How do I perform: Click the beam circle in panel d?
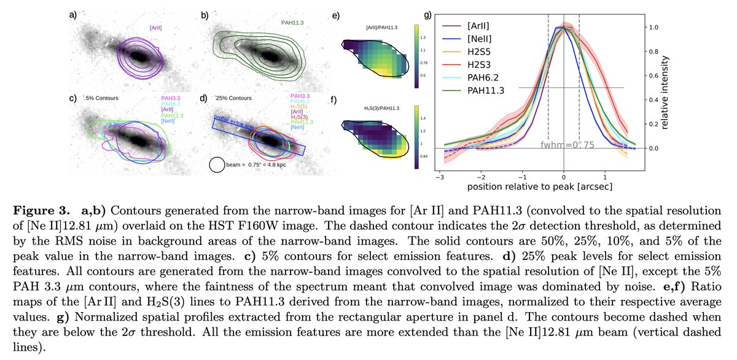(x=217, y=165)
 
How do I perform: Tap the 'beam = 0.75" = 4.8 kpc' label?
(x=255, y=164)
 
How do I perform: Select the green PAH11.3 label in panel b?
(x=287, y=23)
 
